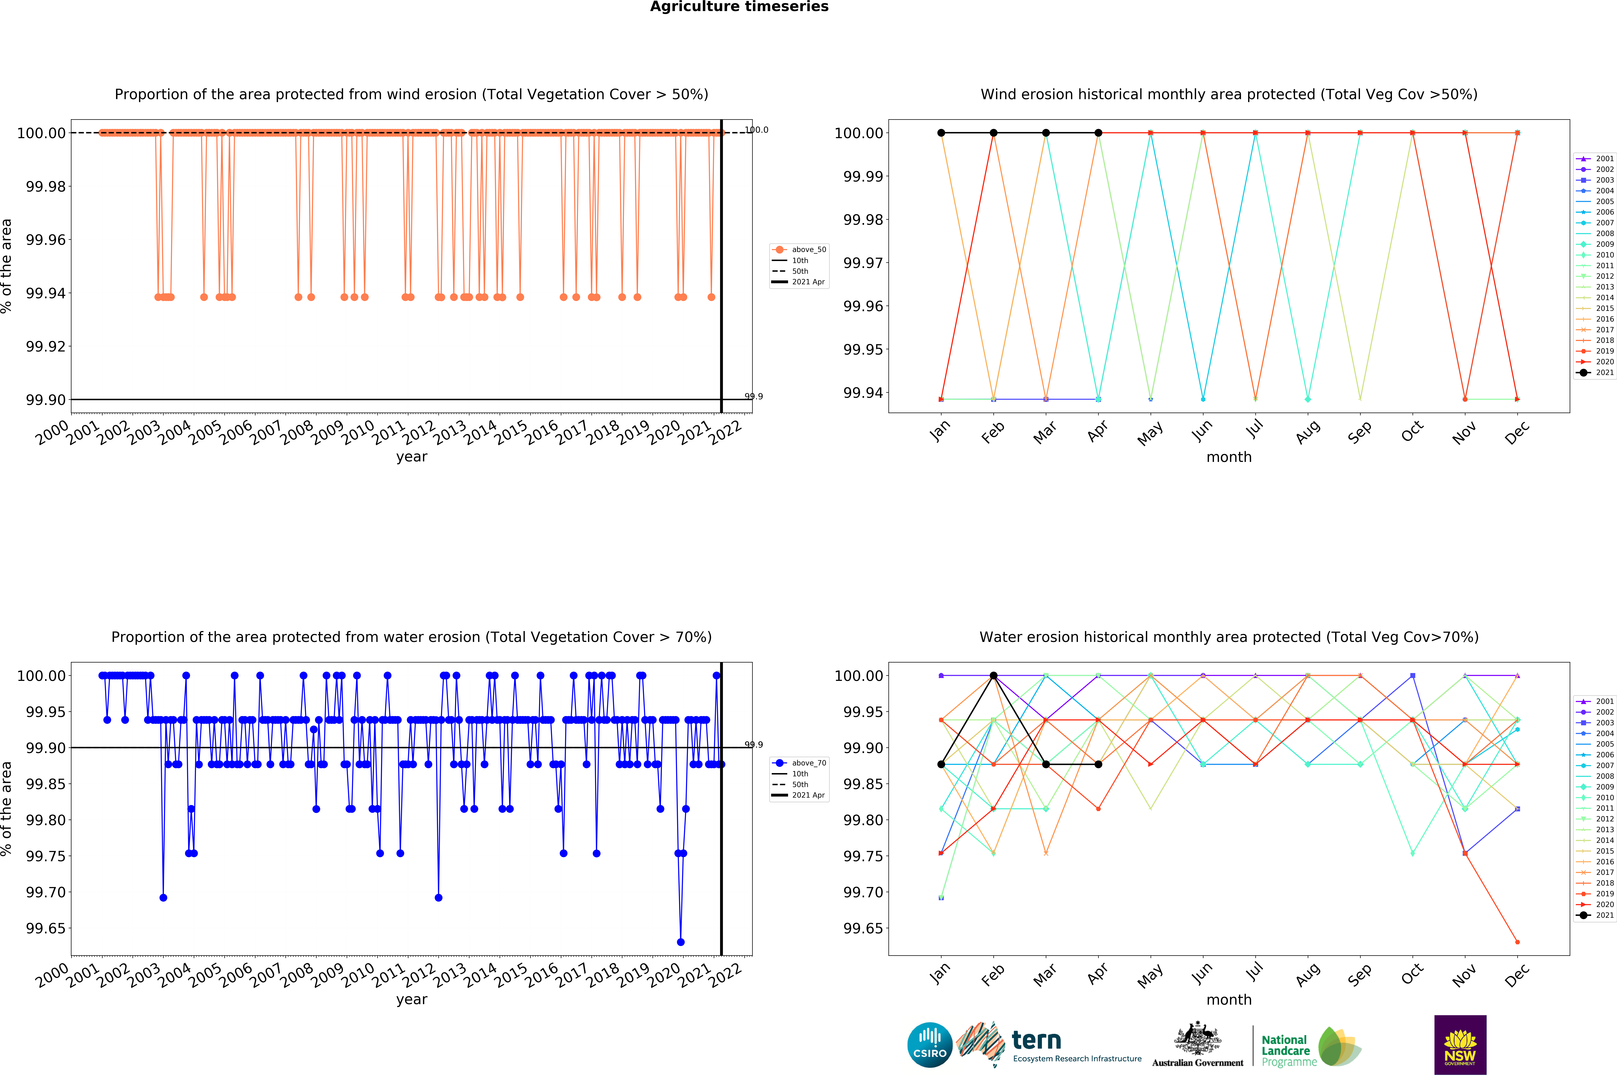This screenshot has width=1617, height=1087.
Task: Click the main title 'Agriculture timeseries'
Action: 739,7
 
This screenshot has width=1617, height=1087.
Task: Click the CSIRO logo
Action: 929,1045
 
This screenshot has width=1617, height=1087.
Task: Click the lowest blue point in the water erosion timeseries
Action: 681,942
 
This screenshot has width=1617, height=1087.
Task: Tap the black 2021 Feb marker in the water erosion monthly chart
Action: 993,675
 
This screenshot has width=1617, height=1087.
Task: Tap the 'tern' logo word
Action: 1036,1041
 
